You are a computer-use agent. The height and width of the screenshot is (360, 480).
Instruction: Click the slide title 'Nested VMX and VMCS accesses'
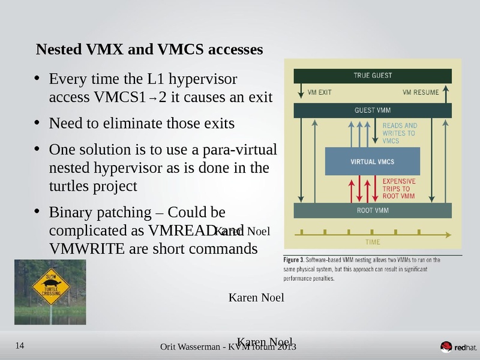[x=149, y=49]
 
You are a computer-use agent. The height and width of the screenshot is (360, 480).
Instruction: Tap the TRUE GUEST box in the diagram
[x=372, y=76]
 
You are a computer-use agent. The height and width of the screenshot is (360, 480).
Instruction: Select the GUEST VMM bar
[x=372, y=110]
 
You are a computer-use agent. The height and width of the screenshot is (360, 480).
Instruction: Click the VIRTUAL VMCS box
[x=372, y=161]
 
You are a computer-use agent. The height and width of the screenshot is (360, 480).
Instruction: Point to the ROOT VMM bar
[x=372, y=211]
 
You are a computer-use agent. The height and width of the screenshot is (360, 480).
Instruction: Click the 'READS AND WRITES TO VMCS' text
[x=399, y=133]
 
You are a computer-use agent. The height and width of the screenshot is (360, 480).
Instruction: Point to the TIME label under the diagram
[x=372, y=242]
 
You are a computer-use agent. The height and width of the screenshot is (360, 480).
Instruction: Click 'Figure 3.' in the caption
[x=293, y=260]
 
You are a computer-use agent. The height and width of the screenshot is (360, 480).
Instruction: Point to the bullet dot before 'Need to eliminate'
[x=37, y=122]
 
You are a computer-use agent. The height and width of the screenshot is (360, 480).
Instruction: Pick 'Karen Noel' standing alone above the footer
[x=257, y=297]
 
